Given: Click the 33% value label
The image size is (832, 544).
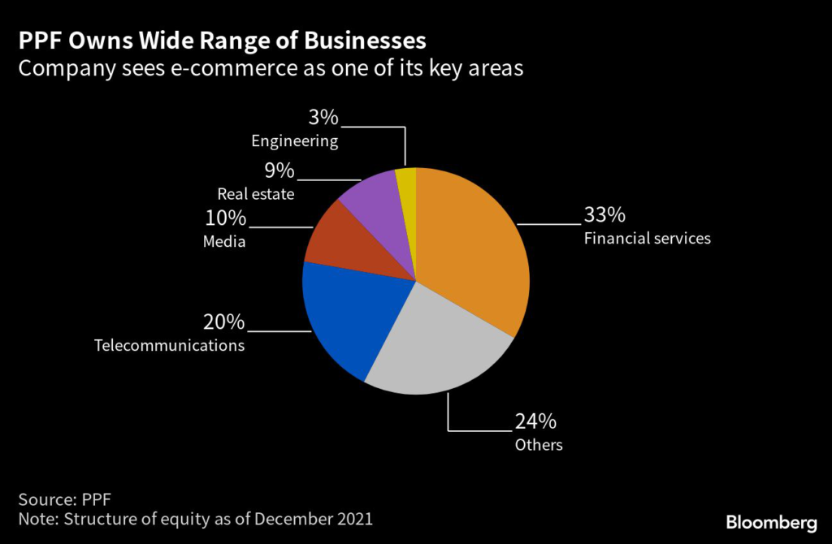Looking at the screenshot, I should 604,215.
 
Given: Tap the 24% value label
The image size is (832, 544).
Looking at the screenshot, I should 535,421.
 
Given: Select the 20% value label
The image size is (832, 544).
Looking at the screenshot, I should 223,322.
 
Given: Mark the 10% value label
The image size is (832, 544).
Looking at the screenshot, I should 224,218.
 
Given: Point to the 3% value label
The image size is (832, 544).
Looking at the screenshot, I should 323,118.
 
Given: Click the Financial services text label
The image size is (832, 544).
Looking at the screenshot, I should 647,239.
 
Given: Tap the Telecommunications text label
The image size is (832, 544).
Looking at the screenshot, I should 169,345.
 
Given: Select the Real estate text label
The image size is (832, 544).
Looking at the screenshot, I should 256,194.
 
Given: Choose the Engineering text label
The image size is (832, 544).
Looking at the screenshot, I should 294,140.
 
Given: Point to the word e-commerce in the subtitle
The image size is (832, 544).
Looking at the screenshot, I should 217,68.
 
